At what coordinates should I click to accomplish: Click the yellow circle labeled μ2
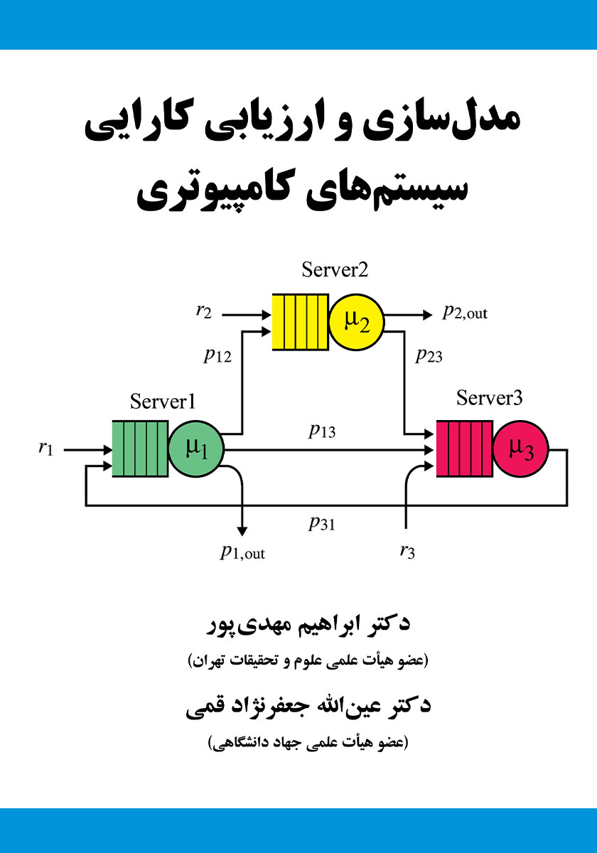(356, 322)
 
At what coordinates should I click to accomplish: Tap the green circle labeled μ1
(196, 449)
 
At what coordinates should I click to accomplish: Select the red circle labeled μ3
(521, 449)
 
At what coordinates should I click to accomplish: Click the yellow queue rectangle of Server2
(301, 322)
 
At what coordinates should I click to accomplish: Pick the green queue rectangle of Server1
(140, 449)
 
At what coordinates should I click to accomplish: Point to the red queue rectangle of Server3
(465, 449)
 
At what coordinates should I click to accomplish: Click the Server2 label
(335, 270)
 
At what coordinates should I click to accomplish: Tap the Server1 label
(163, 402)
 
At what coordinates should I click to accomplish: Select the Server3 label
(489, 398)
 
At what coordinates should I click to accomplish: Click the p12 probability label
(217, 355)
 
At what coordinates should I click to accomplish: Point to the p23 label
(429, 355)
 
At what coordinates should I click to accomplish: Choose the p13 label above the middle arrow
(322, 431)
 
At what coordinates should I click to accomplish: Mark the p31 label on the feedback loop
(322, 523)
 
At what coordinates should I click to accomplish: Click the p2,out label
(465, 312)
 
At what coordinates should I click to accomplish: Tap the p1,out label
(242, 552)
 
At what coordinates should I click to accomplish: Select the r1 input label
(45, 448)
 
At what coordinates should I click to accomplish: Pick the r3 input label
(407, 552)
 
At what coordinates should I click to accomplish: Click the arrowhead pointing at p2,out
(428, 315)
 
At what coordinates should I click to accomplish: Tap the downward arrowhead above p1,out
(242, 532)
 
